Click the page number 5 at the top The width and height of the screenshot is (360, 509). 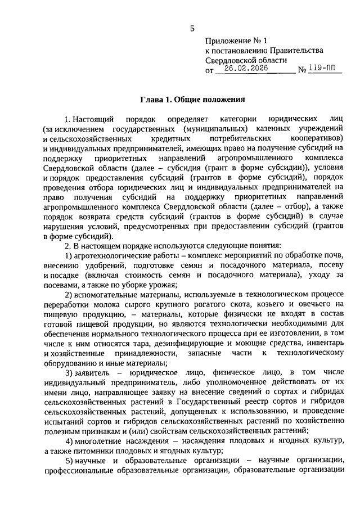click(x=192, y=29)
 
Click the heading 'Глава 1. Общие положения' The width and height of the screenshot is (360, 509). click(x=192, y=100)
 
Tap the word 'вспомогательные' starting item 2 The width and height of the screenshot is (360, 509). click(x=105, y=295)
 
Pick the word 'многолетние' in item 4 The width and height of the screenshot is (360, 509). click(x=99, y=440)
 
